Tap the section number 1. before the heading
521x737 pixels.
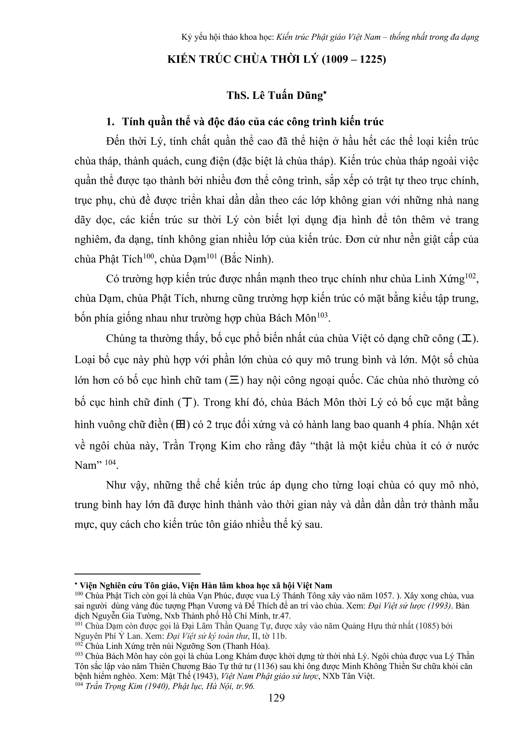coord(110,122)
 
